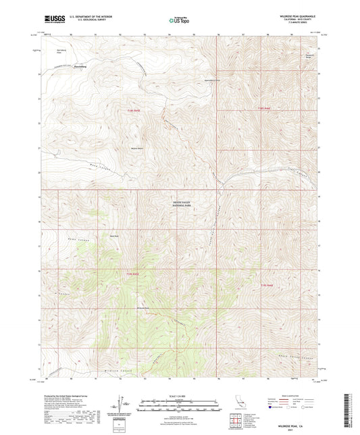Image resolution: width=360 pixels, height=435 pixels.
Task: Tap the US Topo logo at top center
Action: pyautogui.click(x=179, y=21)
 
